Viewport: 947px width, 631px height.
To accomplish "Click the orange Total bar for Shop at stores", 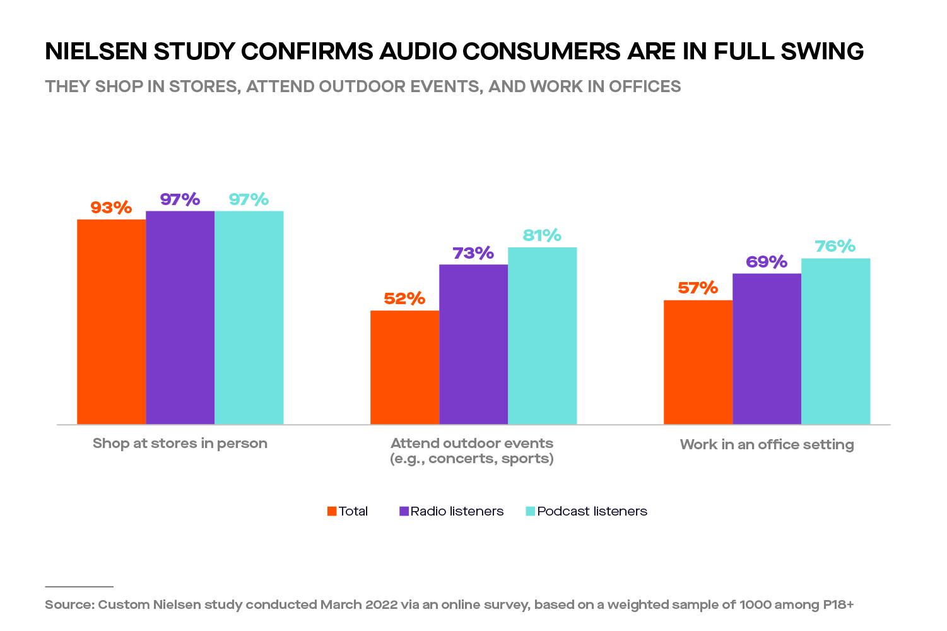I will (111, 322).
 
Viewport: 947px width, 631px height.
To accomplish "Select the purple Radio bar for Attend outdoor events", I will (473, 344).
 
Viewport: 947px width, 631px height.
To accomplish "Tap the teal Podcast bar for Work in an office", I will (835, 341).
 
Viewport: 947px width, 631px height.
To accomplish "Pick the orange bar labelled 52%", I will (404, 367).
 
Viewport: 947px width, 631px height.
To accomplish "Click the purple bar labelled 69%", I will (767, 348).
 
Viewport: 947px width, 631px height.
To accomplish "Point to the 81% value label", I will (542, 235).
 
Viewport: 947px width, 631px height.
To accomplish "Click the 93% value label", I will (111, 208).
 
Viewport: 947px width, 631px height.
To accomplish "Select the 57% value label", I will (698, 288).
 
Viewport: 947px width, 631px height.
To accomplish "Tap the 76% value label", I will (835, 246).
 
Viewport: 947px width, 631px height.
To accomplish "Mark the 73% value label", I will (473, 253).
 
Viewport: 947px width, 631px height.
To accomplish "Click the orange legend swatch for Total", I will (332, 511).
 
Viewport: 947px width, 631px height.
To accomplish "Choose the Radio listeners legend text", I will (457, 511).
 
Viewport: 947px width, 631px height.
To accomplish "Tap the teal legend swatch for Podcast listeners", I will (531, 511).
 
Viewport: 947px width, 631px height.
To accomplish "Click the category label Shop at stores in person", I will (180, 444).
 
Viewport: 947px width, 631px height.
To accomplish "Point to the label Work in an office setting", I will (767, 444).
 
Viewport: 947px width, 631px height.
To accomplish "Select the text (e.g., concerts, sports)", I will (472, 459).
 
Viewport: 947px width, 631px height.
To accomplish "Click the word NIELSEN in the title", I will (95, 51).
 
